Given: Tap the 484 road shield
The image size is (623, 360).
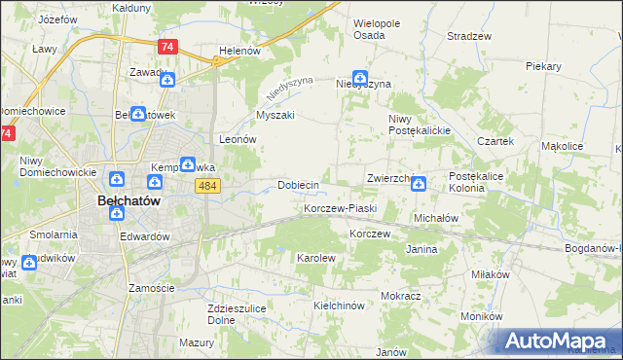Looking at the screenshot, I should point(205,185).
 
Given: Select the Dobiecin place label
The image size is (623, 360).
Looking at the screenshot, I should point(299,185).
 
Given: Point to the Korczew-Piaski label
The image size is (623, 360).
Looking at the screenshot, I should point(340,209).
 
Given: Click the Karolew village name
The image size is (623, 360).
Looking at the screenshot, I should point(315,258).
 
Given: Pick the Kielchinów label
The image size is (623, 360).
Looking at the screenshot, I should point(339,306).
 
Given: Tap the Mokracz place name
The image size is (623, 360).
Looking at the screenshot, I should point(401,295).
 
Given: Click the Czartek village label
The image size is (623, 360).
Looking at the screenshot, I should point(495,140).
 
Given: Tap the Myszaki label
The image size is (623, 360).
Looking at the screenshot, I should point(275,115).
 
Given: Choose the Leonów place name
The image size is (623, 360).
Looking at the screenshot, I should point(238,139).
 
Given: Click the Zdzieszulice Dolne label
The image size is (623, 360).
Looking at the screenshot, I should point(232,314).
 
